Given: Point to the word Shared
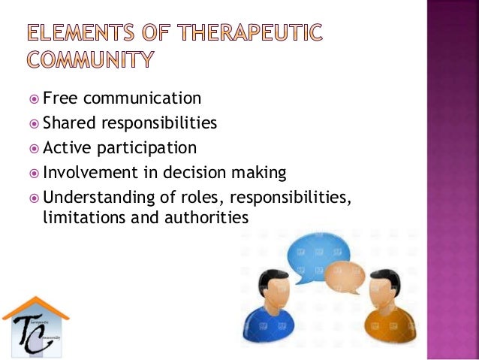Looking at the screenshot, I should (65, 123).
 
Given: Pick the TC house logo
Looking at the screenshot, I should (35, 323).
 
